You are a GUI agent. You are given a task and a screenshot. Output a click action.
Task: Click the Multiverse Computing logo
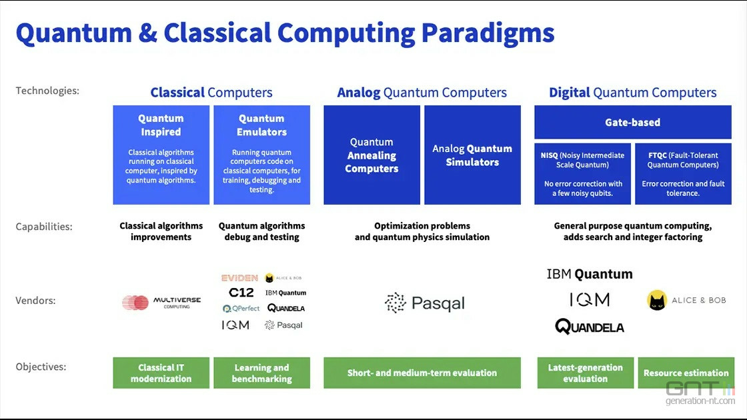[x=161, y=303]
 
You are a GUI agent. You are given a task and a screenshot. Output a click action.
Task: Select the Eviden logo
[x=239, y=278]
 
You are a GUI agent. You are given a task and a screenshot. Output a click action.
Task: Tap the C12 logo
[x=241, y=293]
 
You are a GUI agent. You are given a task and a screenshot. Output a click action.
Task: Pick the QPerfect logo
[x=241, y=309]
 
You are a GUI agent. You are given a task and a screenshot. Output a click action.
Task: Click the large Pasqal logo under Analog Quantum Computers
[x=424, y=303]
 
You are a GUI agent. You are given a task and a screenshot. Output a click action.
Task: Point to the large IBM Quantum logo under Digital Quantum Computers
[x=589, y=274]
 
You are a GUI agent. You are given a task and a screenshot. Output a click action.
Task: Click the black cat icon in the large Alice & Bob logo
[x=657, y=300]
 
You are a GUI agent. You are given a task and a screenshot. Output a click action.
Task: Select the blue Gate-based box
[x=632, y=123]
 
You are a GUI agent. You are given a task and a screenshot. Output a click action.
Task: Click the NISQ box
[x=582, y=174]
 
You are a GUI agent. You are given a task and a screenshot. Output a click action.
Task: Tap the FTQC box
[x=682, y=174]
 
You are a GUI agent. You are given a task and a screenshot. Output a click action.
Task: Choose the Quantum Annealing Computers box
[x=371, y=155]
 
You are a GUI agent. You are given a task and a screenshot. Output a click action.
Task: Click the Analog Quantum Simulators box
[x=472, y=155]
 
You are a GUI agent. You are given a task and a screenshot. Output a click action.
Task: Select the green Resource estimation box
[x=686, y=373]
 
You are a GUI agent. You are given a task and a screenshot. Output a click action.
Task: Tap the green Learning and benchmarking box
[x=261, y=373]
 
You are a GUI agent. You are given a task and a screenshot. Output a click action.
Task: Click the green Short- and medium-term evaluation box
[x=422, y=373]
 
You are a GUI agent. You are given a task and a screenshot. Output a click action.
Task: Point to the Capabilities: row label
[x=44, y=227]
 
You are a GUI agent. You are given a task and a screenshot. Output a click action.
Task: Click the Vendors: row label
[x=36, y=301]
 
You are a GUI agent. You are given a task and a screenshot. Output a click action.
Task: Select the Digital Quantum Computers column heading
[x=632, y=93]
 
